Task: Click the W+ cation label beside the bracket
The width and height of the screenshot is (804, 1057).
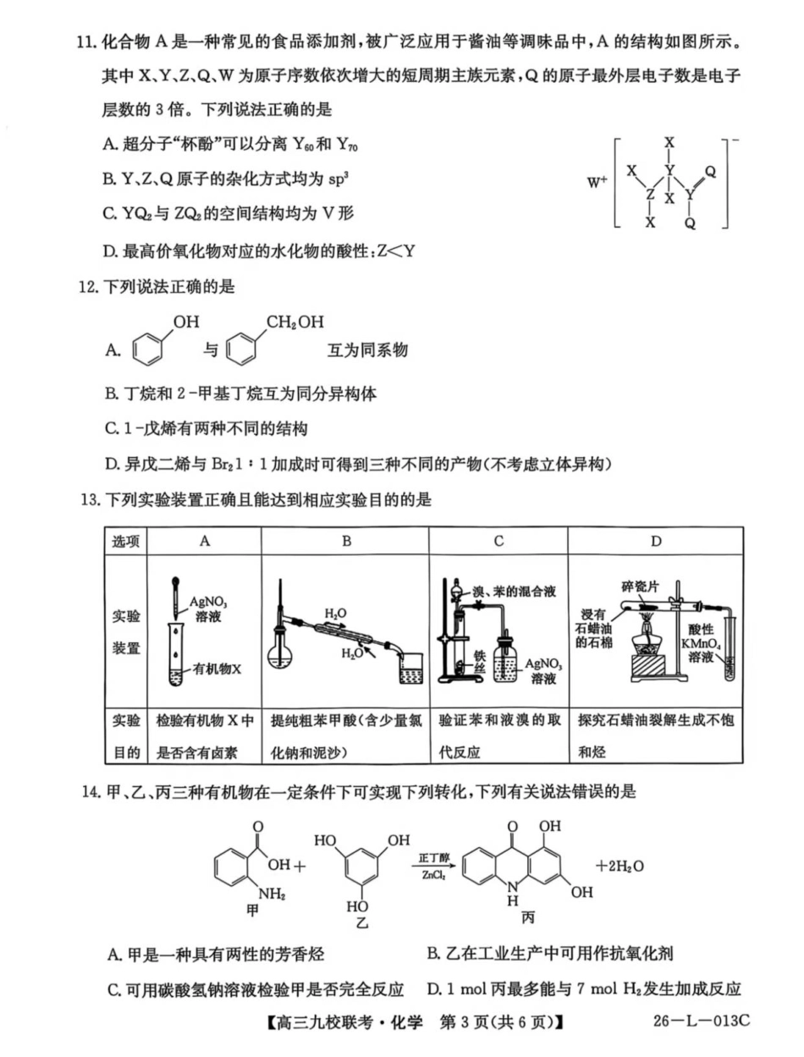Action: pyautogui.click(x=597, y=180)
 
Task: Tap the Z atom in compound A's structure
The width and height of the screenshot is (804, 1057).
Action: pyautogui.click(x=650, y=194)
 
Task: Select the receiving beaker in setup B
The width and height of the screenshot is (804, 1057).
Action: pyautogui.click(x=411, y=668)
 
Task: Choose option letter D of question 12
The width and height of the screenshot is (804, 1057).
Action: pyautogui.click(x=111, y=464)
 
